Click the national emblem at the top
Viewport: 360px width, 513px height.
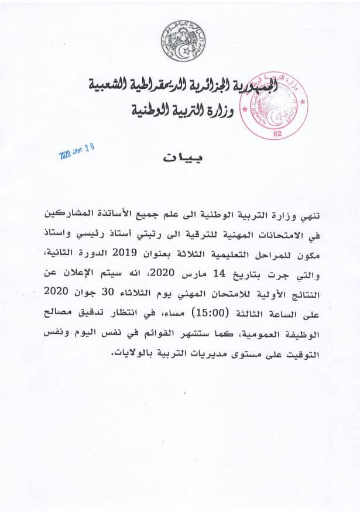point(183,42)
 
